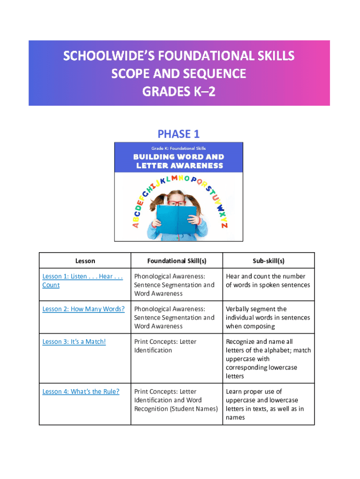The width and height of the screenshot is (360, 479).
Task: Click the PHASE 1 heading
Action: (179, 134)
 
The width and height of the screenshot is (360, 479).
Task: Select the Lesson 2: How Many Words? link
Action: (83, 309)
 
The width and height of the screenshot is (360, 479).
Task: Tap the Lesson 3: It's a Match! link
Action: (74, 341)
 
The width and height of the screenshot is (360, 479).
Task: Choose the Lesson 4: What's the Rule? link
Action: (80, 392)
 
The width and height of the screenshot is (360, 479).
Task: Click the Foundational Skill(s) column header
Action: (176, 261)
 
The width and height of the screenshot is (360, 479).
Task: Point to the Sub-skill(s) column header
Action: (268, 261)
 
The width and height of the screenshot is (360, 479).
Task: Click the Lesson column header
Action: (85, 261)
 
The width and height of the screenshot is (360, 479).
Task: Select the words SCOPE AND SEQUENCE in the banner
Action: (179, 73)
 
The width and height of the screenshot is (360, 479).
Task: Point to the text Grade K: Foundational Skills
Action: (179, 148)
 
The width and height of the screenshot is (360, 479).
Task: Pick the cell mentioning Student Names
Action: (176, 400)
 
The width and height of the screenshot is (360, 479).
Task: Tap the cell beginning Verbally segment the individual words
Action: (267, 318)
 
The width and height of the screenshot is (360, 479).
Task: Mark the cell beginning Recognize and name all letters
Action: (268, 359)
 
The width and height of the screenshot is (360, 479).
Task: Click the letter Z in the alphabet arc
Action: (225, 225)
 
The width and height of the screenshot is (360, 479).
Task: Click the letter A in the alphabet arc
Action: (136, 225)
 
